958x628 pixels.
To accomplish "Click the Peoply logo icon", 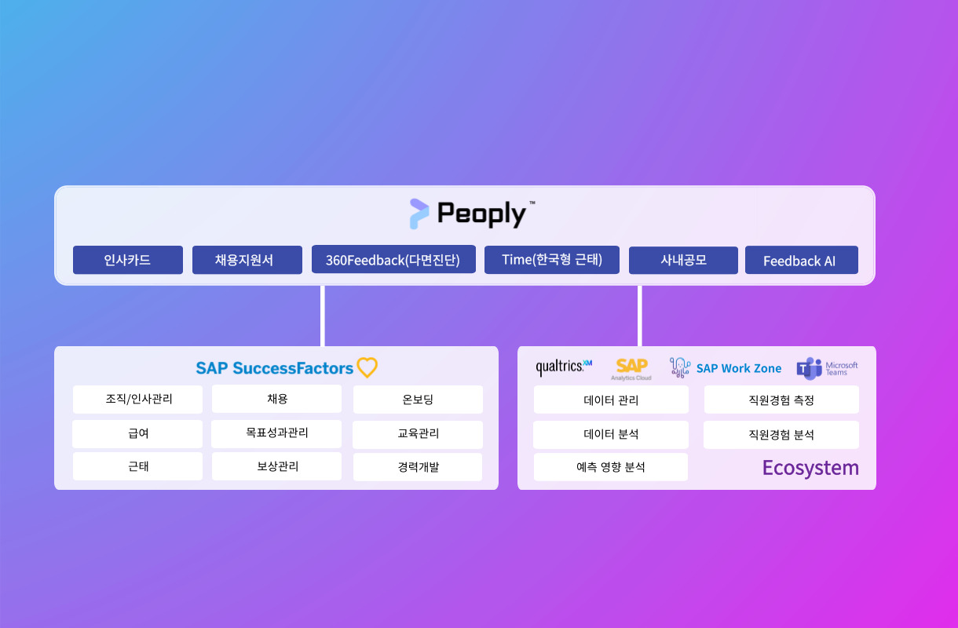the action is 419,214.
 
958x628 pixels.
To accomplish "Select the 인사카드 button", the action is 128,260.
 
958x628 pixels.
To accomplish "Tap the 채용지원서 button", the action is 247,260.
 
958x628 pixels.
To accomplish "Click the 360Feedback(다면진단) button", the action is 393,260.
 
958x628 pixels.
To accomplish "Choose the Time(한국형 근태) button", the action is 552,260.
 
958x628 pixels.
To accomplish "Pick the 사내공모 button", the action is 683,261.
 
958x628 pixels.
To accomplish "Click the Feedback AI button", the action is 802,260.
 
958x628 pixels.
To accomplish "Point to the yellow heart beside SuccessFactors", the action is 367,367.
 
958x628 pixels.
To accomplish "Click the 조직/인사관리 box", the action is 137,400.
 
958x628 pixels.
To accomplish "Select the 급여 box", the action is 137,434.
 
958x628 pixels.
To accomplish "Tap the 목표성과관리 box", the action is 276,434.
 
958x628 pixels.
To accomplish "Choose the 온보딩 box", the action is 418,400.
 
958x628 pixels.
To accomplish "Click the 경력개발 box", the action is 418,467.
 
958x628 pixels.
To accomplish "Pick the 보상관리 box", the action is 276,466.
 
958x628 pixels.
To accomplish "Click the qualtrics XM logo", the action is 564,367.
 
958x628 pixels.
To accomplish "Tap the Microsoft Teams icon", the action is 809,368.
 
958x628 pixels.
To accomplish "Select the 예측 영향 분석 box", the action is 611,467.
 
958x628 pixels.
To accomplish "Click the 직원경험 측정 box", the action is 781,400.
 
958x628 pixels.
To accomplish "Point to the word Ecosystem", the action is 810,468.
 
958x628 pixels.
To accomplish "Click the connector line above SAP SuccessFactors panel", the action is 323,316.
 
